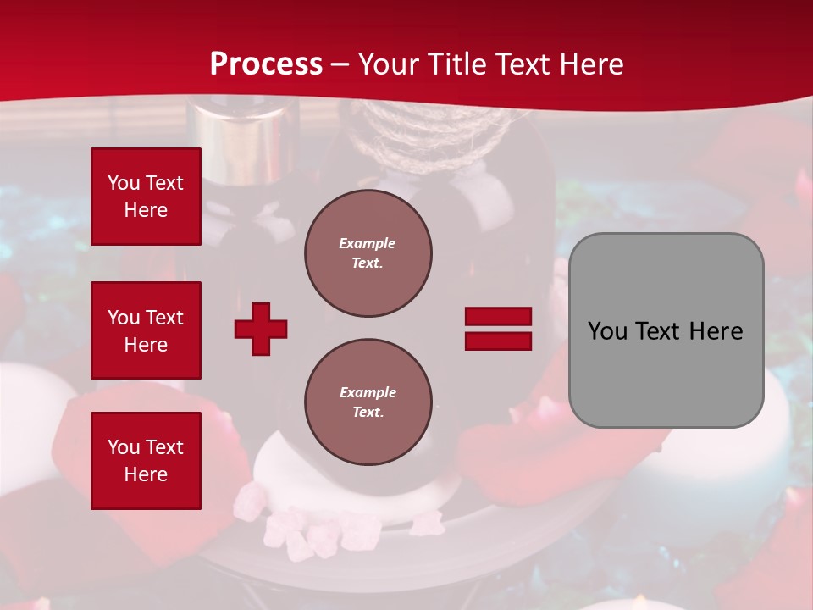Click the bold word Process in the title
[266, 64]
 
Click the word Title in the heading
[453, 64]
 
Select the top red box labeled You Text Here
[146, 197]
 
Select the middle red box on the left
[146, 330]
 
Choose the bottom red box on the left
[146, 461]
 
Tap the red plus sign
[261, 329]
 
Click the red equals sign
[498, 329]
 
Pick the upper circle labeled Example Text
[368, 253]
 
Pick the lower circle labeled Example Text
[368, 402]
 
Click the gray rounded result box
[666, 330]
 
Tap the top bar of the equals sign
[498, 317]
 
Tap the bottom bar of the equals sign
[498, 341]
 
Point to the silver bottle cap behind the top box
[246, 136]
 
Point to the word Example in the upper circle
[368, 243]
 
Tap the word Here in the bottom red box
[146, 474]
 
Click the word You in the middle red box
[124, 318]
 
